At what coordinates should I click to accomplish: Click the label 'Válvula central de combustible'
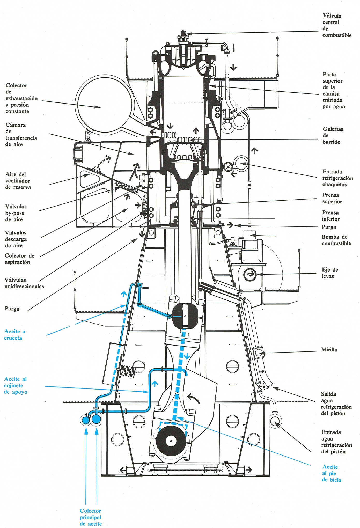[336, 25]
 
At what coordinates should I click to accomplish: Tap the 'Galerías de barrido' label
[333, 135]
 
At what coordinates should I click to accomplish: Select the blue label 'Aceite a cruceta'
[14, 334]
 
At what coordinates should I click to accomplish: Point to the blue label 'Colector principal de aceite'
[91, 517]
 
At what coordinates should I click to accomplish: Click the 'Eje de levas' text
[330, 273]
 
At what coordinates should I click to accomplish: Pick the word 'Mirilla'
[329, 350]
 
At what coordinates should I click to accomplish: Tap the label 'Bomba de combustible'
[336, 240]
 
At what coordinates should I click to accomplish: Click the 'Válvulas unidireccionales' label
[24, 283]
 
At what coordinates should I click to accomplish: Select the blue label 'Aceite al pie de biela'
[331, 473]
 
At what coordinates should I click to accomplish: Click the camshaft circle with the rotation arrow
[250, 275]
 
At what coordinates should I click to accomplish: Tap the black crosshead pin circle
[185, 316]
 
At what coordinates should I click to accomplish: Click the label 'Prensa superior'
[332, 198]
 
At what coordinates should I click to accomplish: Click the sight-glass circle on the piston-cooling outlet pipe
[259, 352]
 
